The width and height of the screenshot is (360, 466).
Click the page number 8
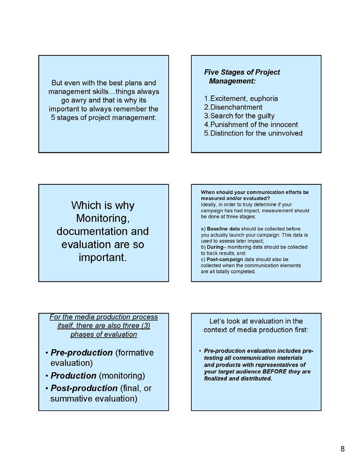click(x=342, y=449)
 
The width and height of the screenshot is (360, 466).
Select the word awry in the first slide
click(x=82, y=100)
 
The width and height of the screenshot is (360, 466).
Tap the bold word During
click(x=214, y=247)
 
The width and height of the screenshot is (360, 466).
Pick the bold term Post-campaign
click(x=225, y=259)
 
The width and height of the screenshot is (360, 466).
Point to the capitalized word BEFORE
click(x=272, y=372)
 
